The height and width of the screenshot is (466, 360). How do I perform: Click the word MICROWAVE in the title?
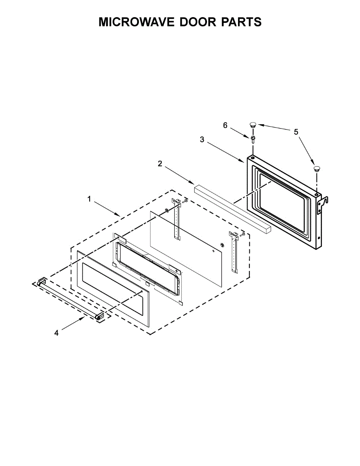tap(136, 22)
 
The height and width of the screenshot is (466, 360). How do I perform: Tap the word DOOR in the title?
tap(198, 22)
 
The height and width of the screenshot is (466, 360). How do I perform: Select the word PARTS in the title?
tap(242, 22)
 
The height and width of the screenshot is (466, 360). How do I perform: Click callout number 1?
tap(89, 199)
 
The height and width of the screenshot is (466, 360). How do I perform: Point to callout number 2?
tap(160, 163)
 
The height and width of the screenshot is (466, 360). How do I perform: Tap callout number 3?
tap(202, 140)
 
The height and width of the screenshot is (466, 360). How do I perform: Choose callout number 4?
tap(56, 333)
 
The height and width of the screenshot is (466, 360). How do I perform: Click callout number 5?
tap(296, 132)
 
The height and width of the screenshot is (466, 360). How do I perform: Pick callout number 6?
tap(225, 125)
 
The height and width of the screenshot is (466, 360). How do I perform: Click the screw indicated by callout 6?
tap(253, 139)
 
